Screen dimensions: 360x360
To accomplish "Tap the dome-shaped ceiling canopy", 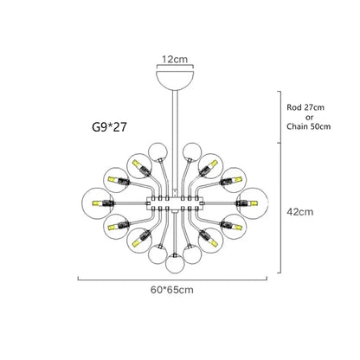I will [x=171, y=78].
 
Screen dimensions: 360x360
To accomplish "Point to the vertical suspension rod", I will [x=171, y=121].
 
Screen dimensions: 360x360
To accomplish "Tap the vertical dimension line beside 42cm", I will [x=279, y=208].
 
